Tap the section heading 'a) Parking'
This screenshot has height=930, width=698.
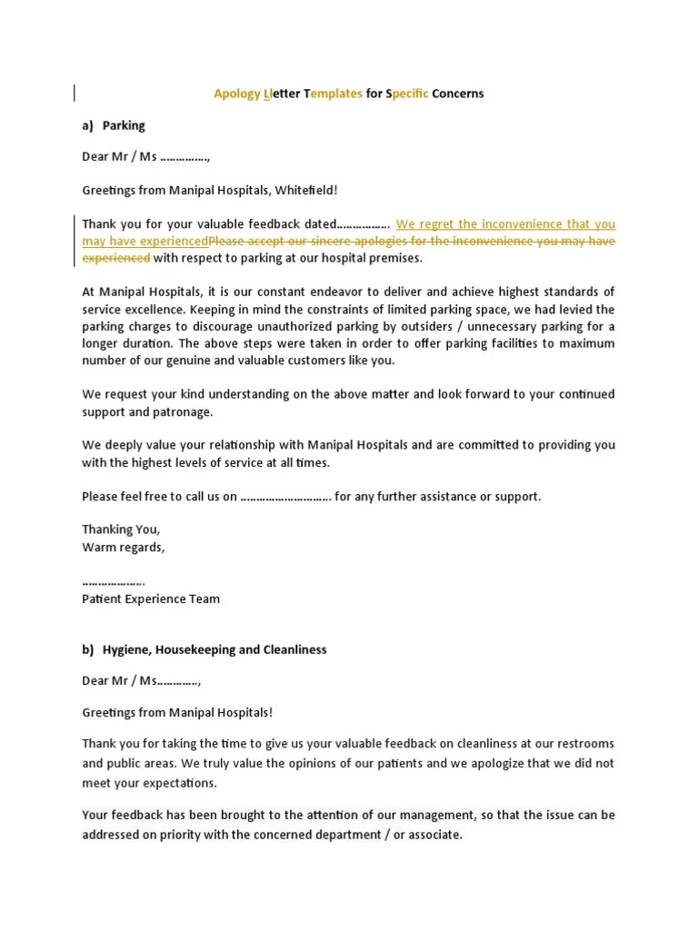click(114, 125)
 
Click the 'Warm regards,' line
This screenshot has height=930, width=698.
click(124, 548)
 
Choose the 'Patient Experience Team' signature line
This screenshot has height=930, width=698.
click(151, 599)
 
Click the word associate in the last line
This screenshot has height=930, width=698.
click(434, 834)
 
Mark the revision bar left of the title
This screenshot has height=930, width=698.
click(75, 92)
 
